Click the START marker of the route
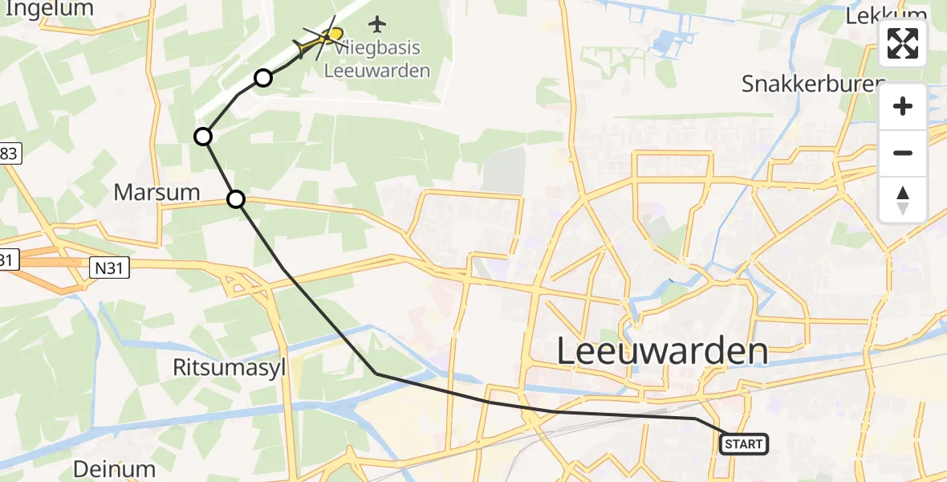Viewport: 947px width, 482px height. [744, 443]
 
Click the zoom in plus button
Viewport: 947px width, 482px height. [903, 107]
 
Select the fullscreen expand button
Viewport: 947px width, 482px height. [903, 43]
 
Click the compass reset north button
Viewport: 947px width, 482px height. [903, 200]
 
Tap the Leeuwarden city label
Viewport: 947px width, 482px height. [662, 352]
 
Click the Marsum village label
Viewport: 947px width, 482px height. [156, 192]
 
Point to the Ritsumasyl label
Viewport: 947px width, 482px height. [229, 367]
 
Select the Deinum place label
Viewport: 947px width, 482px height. [114, 468]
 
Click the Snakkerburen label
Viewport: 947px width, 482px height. [812, 84]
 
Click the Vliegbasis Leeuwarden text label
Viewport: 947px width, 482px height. [377, 59]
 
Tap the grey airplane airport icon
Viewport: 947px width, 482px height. [377, 24]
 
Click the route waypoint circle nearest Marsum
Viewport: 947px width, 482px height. [236, 198]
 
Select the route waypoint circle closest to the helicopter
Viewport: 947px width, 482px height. [263, 78]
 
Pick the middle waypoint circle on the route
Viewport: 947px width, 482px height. [204, 137]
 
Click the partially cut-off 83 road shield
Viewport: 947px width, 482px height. [8, 153]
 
